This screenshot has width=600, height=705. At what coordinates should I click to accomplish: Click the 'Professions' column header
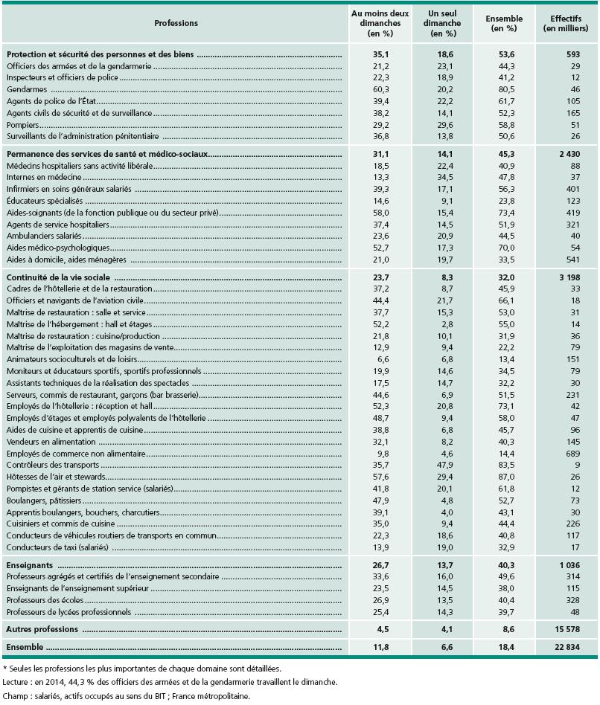click(176, 23)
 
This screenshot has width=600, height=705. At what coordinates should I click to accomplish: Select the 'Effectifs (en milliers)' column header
click(566, 23)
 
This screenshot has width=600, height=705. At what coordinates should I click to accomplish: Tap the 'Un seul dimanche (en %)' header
click(444, 23)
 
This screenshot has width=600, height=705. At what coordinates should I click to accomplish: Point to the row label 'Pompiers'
click(24, 125)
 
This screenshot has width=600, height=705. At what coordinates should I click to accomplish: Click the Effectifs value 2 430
click(569, 154)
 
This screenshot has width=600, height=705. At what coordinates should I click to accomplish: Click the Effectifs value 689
click(572, 452)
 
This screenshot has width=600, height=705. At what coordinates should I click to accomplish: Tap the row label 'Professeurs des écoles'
click(45, 600)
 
